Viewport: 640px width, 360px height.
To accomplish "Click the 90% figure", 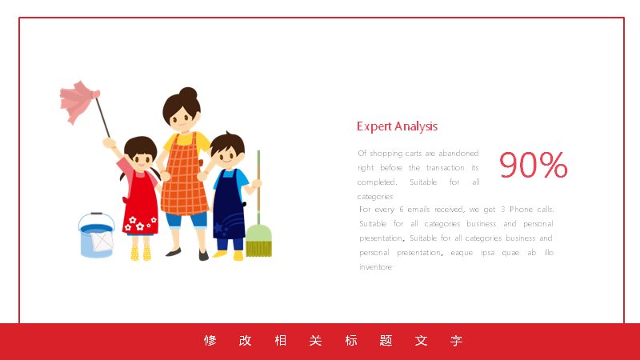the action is click(533, 165).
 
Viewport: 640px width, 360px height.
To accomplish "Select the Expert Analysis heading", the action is click(397, 126).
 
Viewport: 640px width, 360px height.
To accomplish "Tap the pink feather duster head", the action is click(78, 102).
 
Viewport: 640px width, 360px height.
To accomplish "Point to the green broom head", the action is click(258, 241).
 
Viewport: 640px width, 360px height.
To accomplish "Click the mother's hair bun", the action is click(188, 94).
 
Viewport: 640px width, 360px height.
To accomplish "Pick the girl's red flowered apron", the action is click(140, 206).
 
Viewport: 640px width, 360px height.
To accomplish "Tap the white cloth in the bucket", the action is click(102, 241).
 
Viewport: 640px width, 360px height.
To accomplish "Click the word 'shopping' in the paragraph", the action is click(386, 154).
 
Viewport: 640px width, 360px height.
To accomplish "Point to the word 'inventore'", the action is click(375, 267).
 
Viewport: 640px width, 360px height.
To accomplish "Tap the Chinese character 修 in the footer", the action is click(210, 341).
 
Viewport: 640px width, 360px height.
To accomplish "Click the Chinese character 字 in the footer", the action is click(456, 341).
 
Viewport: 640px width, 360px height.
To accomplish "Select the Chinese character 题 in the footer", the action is click(386, 341).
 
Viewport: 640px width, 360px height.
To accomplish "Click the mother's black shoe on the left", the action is click(174, 252).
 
